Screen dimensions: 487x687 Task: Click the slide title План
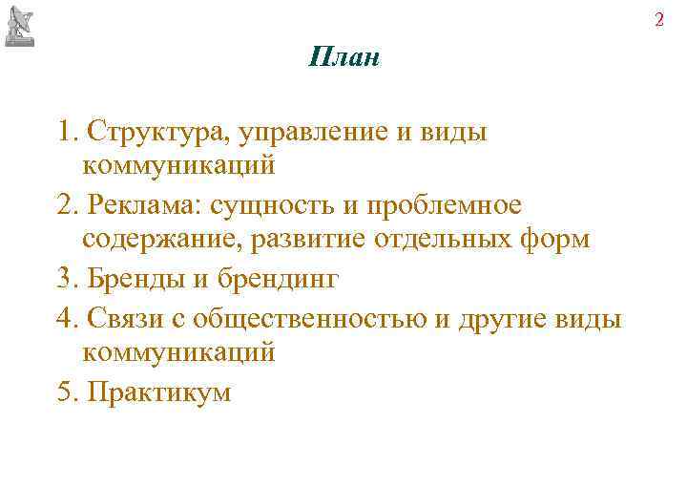(344, 58)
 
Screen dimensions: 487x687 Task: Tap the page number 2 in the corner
(658, 19)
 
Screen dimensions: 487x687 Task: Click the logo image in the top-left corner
(21, 25)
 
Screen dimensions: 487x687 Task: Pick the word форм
(556, 240)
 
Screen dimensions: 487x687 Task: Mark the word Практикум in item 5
(158, 392)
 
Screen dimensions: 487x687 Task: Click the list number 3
(64, 280)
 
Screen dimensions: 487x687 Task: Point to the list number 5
(64, 392)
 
